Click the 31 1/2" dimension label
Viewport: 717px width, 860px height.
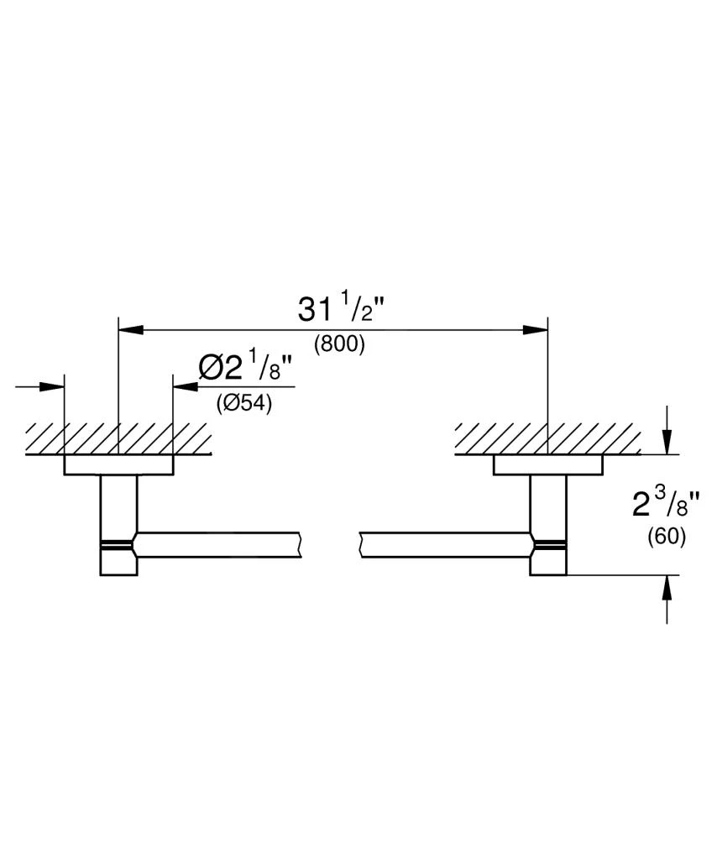pos(340,311)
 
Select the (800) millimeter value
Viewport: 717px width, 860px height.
pos(339,344)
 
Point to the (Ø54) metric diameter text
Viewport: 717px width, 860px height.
pos(243,403)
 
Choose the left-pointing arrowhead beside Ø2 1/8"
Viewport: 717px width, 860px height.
pos(184,386)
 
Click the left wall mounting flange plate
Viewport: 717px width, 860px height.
pos(118,465)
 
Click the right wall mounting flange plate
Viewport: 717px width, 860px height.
pos(547,465)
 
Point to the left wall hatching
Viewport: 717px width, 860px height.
pos(118,438)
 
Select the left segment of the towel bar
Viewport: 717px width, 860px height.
pos(218,545)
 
